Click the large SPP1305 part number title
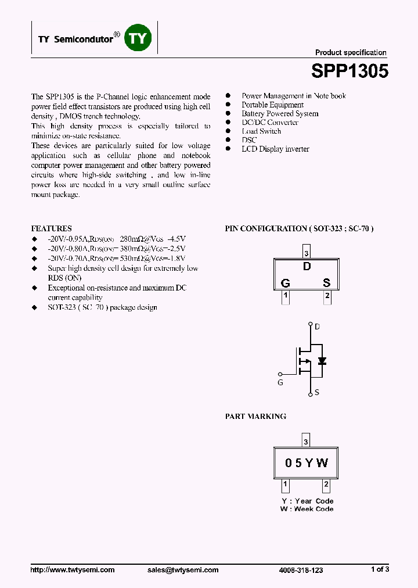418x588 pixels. pos(349,71)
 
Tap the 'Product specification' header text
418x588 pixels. pos(351,52)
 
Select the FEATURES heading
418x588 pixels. pos(51,228)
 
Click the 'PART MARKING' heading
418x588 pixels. pos(255,417)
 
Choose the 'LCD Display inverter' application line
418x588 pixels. pos(275,149)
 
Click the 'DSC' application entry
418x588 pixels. pos(249,140)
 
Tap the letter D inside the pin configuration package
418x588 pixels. pos(307,267)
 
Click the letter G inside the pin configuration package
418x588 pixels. pos(285,283)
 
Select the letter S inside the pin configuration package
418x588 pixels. pos(327,283)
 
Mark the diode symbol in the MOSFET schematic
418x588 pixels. pos(322,361)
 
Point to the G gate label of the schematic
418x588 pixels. pos(281,382)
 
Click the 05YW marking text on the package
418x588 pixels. pos(307,463)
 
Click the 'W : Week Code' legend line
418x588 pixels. pos(307,509)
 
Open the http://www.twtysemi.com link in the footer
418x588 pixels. pos(73,570)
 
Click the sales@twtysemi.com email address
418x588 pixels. pos(183,570)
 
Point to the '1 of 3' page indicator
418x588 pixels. pos(380,569)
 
